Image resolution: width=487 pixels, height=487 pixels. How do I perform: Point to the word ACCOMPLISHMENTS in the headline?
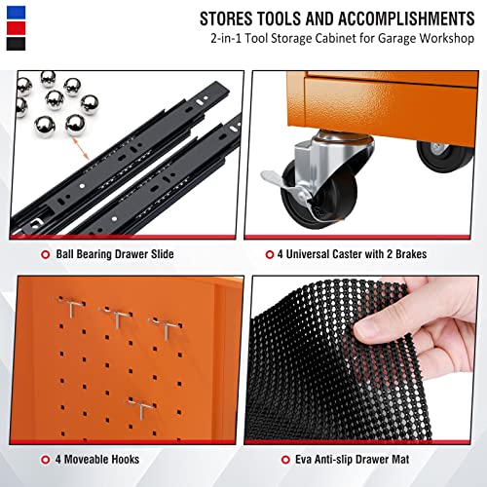(407, 19)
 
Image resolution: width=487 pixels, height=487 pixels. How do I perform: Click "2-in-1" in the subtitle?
(227, 41)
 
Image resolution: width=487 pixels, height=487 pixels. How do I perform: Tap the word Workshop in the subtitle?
(451, 41)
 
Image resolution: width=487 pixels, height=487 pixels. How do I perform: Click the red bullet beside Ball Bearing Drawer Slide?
(45, 255)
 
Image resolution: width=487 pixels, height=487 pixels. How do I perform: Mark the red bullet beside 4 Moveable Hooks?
(45, 459)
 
